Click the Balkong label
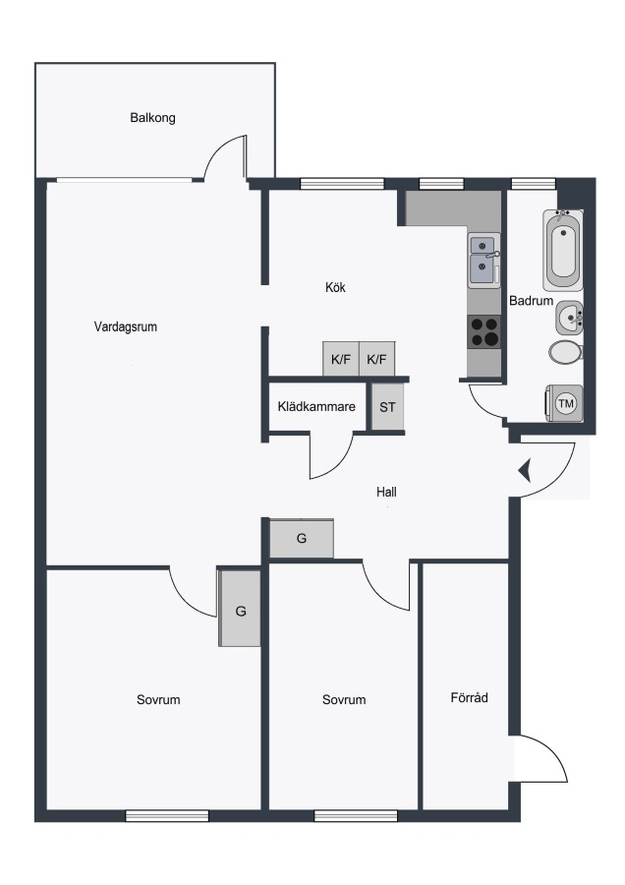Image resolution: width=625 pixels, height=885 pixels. pyautogui.click(x=152, y=118)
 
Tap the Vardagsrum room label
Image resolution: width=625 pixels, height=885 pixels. pyautogui.click(x=125, y=326)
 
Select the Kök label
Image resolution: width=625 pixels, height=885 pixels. pyautogui.click(x=335, y=287)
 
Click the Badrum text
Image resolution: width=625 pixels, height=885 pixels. pyautogui.click(x=531, y=301)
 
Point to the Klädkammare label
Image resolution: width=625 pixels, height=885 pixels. pyautogui.click(x=316, y=406)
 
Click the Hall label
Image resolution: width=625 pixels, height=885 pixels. pyautogui.click(x=386, y=493)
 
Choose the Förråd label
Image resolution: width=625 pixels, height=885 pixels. pyautogui.click(x=469, y=697)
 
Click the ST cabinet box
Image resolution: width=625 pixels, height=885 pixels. pyautogui.click(x=387, y=407)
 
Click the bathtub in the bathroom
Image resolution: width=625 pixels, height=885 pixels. pyautogui.click(x=563, y=250)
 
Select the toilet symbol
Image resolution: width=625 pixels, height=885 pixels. pyautogui.click(x=566, y=352)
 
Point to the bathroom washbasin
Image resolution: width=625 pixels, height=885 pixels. pyautogui.click(x=569, y=319)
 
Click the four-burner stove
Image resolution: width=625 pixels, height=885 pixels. pyautogui.click(x=484, y=331)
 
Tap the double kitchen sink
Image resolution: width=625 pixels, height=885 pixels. pyautogui.click(x=483, y=261)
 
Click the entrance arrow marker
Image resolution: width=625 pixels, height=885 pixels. pyautogui.click(x=525, y=471)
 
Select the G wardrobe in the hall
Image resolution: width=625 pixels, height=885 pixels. pyautogui.click(x=302, y=539)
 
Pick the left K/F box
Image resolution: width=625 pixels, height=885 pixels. pyautogui.click(x=341, y=359)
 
